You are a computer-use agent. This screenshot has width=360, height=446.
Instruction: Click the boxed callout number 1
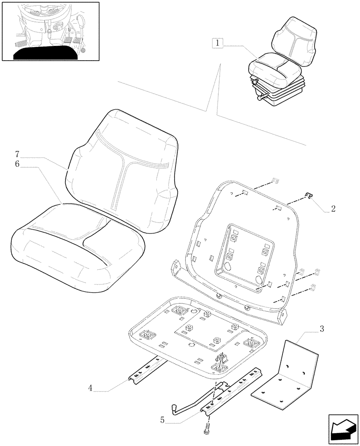(x=217, y=43)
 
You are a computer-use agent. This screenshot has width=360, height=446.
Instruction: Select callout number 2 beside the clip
(x=333, y=208)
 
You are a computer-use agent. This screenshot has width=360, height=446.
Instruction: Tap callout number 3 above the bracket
(x=321, y=330)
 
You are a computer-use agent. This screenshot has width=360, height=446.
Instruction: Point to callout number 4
(x=90, y=388)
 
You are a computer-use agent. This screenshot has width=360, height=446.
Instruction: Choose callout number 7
(x=17, y=154)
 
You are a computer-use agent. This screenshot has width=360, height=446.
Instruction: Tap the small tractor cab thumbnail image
(x=50, y=31)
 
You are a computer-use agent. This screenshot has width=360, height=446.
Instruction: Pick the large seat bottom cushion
(x=78, y=250)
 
